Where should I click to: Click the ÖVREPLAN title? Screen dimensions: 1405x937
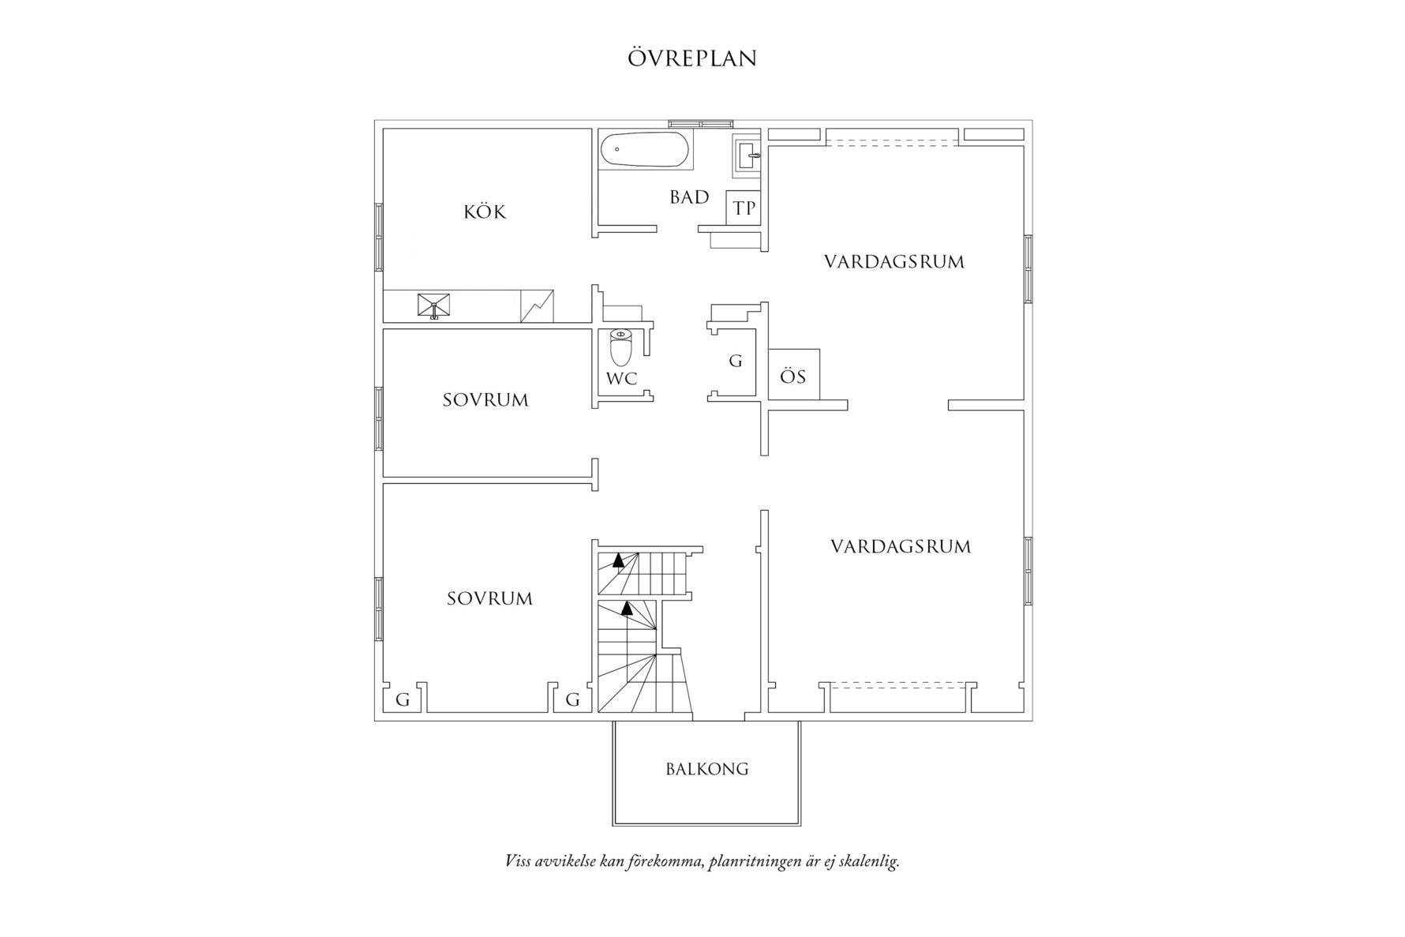click(692, 58)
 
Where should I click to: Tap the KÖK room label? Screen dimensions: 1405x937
click(485, 212)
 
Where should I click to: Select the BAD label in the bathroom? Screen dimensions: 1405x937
click(689, 197)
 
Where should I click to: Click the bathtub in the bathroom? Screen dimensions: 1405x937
click(644, 149)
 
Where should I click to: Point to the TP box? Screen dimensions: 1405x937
click(744, 208)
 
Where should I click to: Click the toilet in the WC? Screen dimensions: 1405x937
click(621, 347)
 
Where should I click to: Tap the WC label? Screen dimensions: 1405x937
click(621, 379)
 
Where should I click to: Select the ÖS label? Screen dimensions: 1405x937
click(792, 377)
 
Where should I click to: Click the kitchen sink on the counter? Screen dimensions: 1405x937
click(433, 305)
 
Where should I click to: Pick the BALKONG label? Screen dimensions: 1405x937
click(706, 769)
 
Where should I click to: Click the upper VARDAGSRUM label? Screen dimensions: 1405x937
click(894, 262)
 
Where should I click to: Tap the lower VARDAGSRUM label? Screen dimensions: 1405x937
click(901, 546)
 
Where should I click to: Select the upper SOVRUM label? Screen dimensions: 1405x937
click(485, 400)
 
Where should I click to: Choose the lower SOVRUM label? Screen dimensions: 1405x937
click(489, 599)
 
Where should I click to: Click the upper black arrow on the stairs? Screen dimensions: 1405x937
click(618, 560)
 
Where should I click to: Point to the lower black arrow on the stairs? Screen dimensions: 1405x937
click(628, 608)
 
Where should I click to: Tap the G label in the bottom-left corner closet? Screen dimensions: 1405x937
click(403, 699)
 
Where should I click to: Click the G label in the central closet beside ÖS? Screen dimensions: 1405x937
click(736, 362)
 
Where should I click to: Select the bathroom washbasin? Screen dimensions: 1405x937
click(747, 156)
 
